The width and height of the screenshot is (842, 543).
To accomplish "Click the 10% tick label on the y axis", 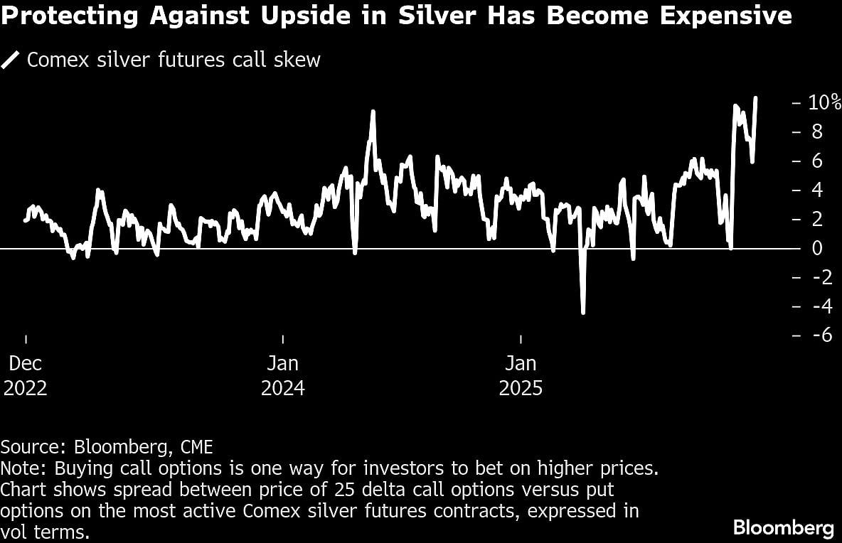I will click(824, 102).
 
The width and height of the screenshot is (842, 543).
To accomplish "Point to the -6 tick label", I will click(819, 335).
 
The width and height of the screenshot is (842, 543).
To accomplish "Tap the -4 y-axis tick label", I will click(819, 306).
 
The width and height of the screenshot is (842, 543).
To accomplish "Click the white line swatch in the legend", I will click(11, 60).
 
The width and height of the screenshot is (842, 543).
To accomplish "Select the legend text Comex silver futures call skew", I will click(174, 60).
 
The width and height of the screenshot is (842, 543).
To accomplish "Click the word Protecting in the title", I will click(70, 15).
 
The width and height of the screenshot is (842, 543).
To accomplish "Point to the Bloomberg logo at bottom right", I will click(783, 528).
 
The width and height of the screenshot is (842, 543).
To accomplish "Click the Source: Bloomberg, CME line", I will click(107, 447).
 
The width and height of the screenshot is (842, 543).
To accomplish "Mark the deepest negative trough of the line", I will click(583, 312).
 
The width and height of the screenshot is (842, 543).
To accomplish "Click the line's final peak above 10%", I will click(755, 98).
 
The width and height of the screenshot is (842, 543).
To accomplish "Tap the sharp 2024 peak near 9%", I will click(372, 112).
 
